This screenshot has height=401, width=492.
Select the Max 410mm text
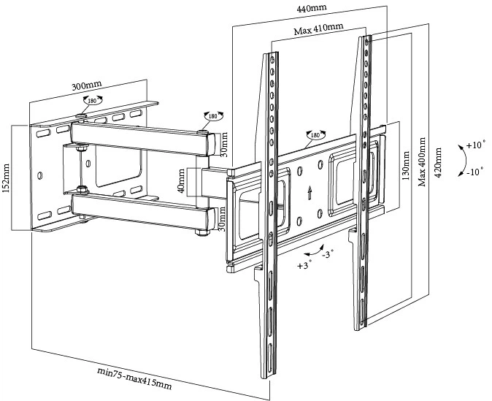point(319,31)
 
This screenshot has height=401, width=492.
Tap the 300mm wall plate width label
point(86,86)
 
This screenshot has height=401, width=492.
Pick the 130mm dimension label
point(407,167)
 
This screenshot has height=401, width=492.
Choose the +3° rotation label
point(304,265)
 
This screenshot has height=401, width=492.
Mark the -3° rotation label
point(327,254)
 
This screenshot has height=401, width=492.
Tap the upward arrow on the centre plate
point(311,193)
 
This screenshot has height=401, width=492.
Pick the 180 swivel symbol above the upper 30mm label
point(213,116)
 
